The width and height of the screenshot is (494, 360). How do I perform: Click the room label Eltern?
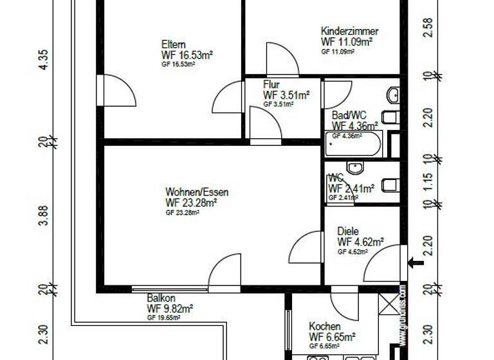click(x=174, y=44)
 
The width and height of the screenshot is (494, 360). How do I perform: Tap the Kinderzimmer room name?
click(x=350, y=31)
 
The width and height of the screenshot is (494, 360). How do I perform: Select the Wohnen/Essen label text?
click(x=197, y=192)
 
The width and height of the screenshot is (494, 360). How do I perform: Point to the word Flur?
click(x=271, y=84)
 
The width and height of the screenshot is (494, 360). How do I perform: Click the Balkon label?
click(x=161, y=298)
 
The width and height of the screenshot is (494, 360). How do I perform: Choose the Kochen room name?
click(x=325, y=326)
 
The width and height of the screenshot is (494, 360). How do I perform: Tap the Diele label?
click(x=348, y=231)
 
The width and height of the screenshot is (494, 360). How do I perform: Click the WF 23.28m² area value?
click(x=191, y=203)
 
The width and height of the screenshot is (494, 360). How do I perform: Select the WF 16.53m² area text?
click(x=187, y=55)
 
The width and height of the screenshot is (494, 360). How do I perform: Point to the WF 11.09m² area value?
click(x=347, y=42)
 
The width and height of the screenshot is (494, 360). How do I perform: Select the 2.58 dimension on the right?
click(x=428, y=29)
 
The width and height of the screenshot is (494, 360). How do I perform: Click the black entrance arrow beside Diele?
click(x=416, y=262)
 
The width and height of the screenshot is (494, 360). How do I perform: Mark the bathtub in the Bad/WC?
click(x=353, y=145)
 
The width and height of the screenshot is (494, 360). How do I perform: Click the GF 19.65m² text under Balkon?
click(x=163, y=317)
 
